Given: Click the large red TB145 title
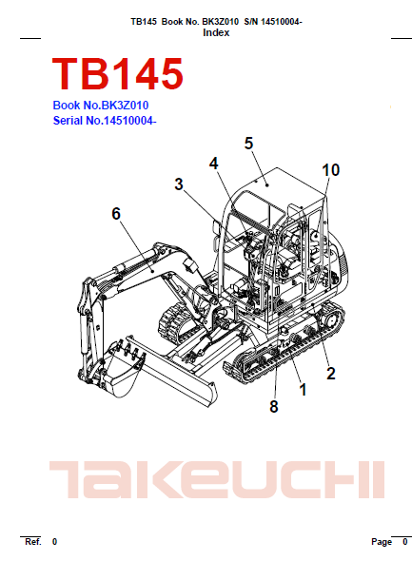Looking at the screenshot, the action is [118, 74].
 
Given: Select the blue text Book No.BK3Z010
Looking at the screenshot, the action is [101, 106].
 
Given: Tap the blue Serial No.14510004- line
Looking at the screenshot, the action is [105, 121].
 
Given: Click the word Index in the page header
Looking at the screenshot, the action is [216, 32].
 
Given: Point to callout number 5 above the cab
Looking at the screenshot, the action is [248, 144].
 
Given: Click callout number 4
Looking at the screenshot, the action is [214, 164].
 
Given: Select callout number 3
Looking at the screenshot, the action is [179, 184].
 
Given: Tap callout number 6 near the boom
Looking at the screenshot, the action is [116, 214].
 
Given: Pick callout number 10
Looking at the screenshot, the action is [330, 170].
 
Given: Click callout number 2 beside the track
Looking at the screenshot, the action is [331, 373].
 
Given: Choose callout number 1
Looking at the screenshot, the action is [303, 390].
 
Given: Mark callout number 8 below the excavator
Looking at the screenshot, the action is [274, 406].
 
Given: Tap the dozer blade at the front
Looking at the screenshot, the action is [172, 372].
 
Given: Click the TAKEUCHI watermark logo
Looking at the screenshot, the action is [217, 480].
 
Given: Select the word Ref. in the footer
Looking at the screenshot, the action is [33, 542].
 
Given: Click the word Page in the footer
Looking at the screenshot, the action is [382, 542].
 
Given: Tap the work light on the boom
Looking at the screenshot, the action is [189, 266].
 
